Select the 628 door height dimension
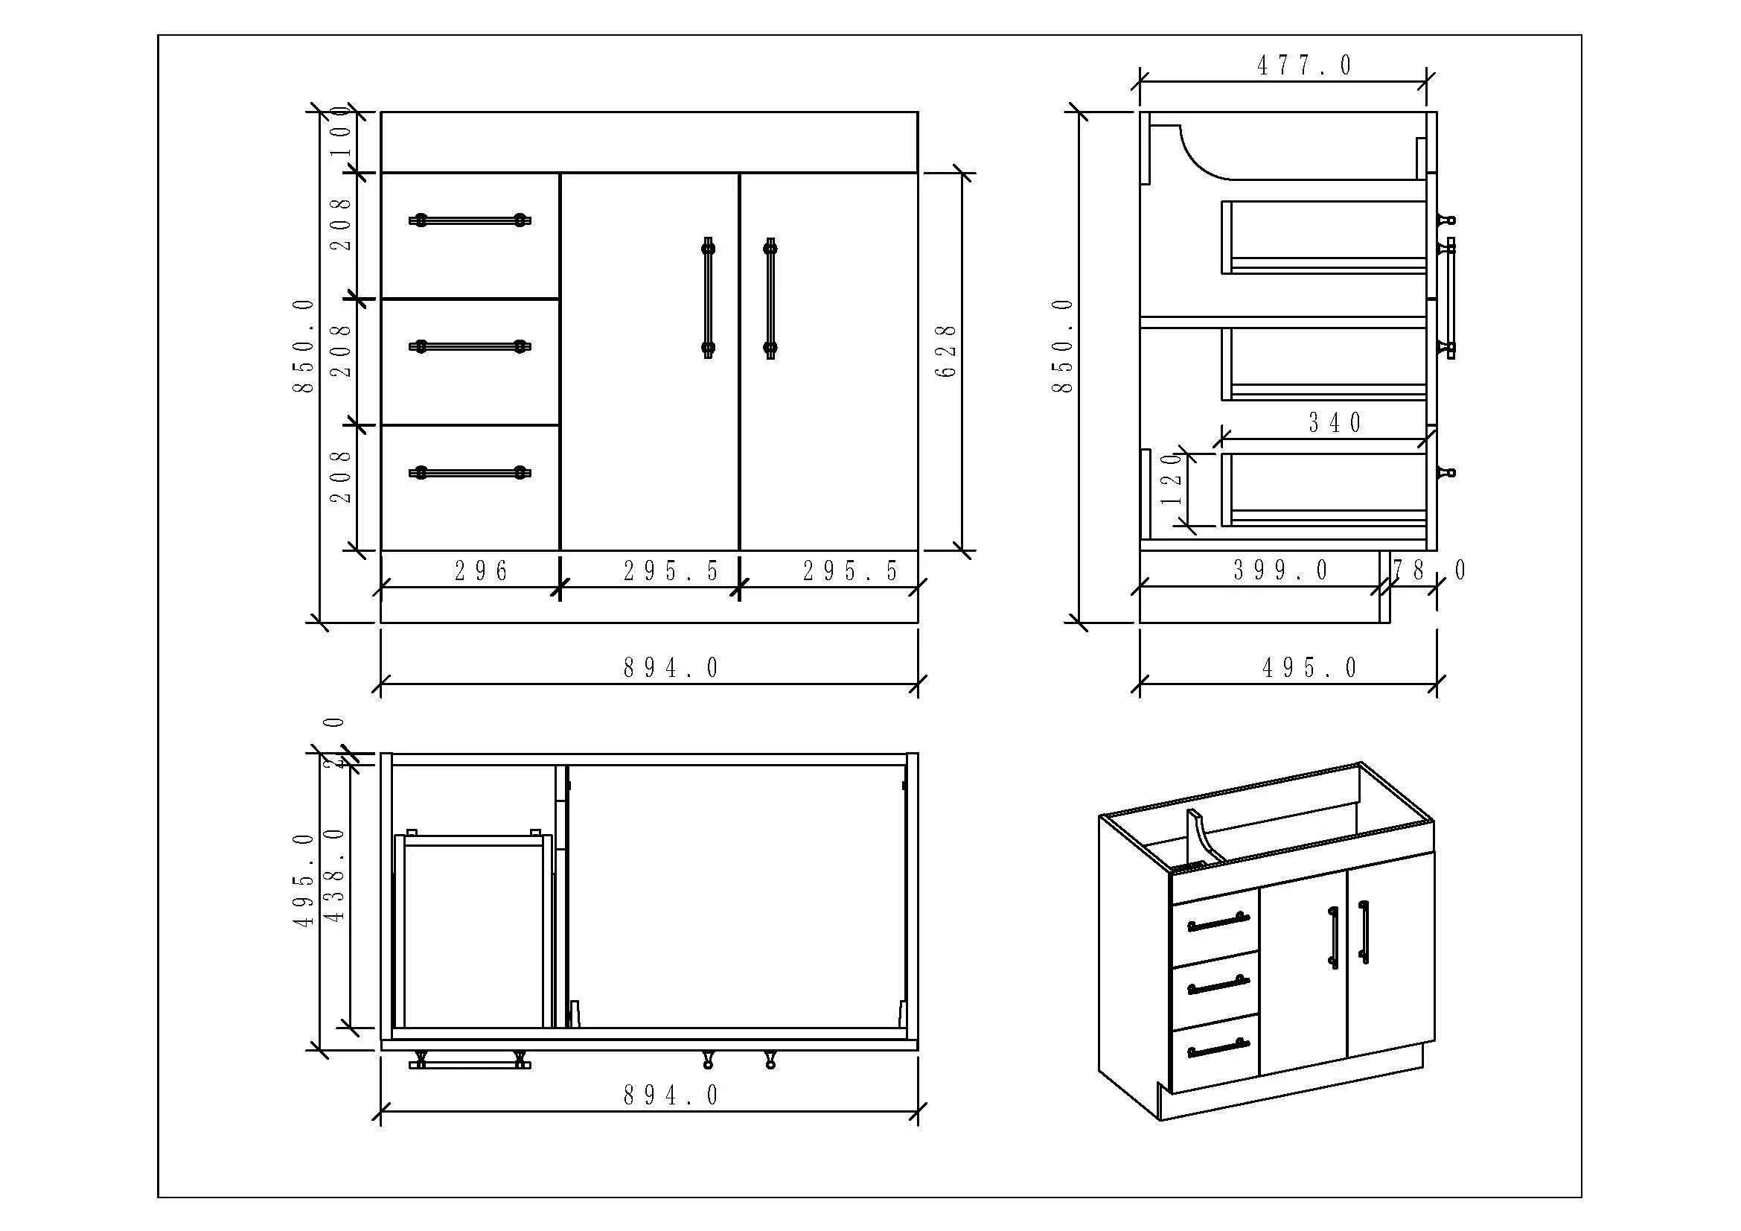coord(945,352)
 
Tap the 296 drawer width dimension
coord(481,571)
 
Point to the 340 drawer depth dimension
coord(1335,423)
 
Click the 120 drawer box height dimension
coord(1172,480)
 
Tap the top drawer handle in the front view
coord(470,220)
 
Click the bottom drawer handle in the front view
coord(470,474)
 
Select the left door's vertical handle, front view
coord(708,298)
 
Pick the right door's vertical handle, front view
coord(770,298)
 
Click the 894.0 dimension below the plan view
coord(671,1095)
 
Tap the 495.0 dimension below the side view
coord(1309,668)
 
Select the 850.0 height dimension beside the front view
coord(303,346)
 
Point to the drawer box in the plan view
coord(473,933)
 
